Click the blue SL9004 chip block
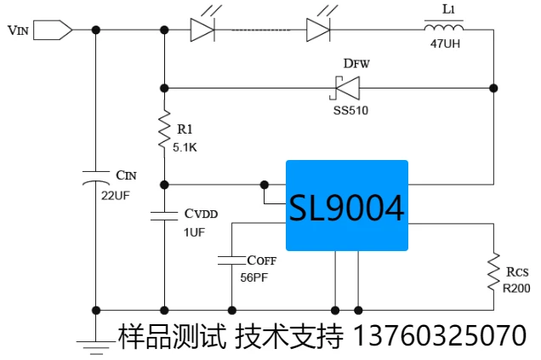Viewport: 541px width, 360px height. (x=346, y=205)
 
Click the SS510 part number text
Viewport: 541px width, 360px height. (x=350, y=110)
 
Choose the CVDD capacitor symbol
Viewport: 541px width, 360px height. (x=164, y=216)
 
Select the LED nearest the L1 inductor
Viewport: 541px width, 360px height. (x=318, y=30)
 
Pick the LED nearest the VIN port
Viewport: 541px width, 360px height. (x=202, y=30)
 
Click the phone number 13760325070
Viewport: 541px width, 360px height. (x=439, y=334)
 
